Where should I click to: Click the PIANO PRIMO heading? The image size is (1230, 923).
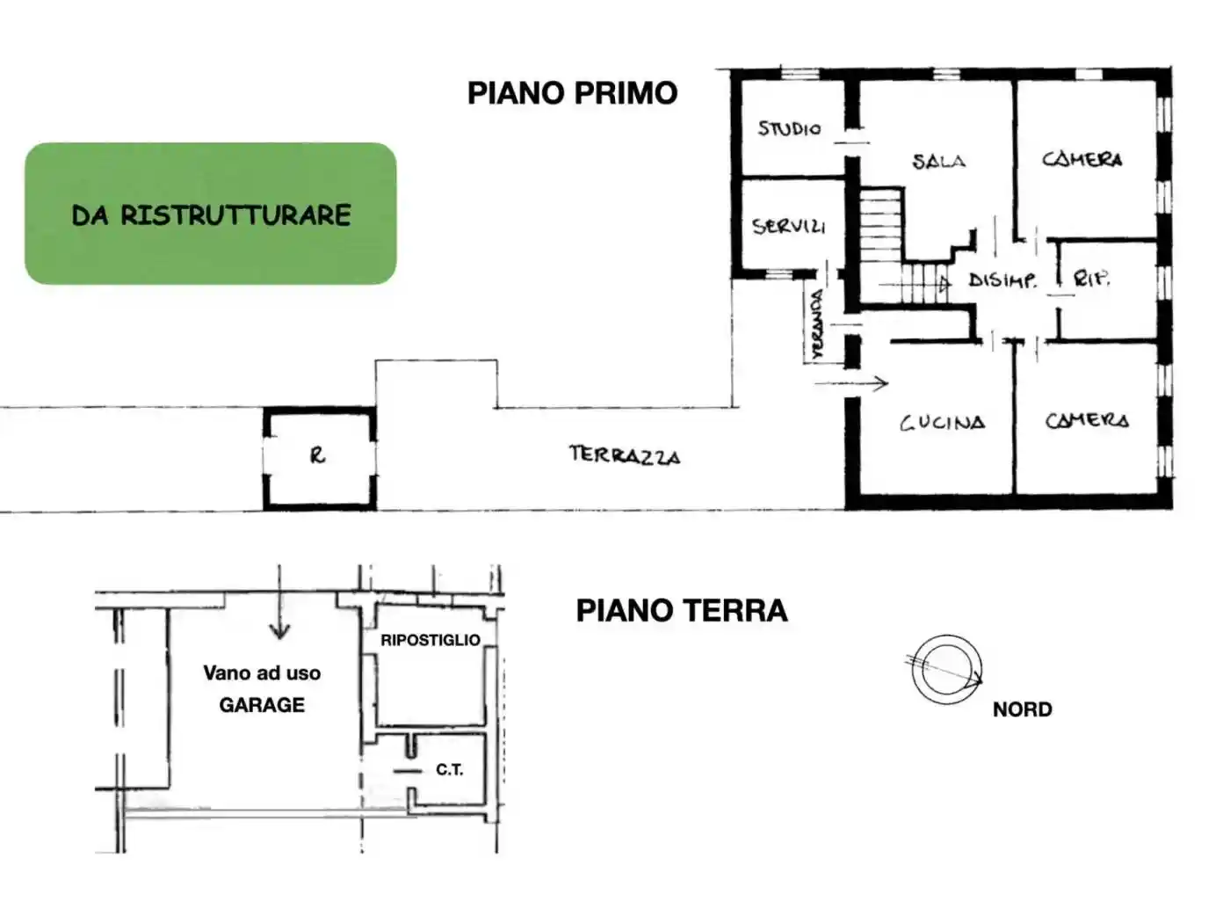coord(572,93)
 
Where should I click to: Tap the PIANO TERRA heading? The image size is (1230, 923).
coord(681,610)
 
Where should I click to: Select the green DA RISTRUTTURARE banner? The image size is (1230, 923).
coord(211,214)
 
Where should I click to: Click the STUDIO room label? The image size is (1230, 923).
coord(789,128)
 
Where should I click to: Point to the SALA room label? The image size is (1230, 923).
coord(938,161)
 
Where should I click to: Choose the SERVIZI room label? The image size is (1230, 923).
coord(788,226)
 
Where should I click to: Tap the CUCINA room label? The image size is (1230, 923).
coord(942,423)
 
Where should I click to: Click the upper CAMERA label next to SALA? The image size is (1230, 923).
coord(1082,159)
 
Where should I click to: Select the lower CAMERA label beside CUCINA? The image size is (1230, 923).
coord(1086,420)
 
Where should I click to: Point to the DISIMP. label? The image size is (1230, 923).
coord(1002,280)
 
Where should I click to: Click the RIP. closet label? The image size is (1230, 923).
coord(1091,279)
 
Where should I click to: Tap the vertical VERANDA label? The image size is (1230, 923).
coord(817,325)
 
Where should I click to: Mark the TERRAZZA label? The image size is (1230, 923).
coord(624,454)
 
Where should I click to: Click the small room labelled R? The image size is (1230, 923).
coord(318,455)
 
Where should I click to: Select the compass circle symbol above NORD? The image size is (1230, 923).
coord(946,670)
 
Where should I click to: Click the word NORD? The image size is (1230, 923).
coord(1022,709)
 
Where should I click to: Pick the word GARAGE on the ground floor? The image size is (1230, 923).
coord(262,705)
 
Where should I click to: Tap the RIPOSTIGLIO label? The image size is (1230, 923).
coord(430,640)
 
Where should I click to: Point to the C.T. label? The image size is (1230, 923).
coord(449,770)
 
